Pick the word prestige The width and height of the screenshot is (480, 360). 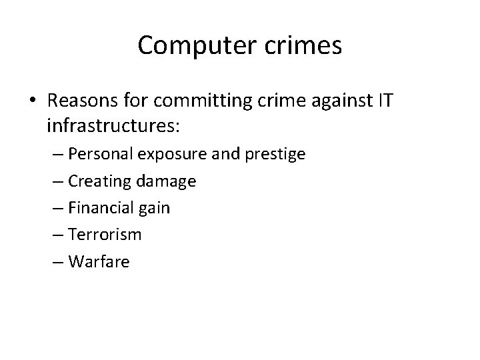[275, 154]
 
